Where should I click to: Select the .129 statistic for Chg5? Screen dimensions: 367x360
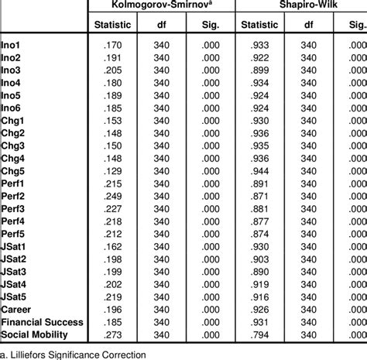point(115,170)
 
